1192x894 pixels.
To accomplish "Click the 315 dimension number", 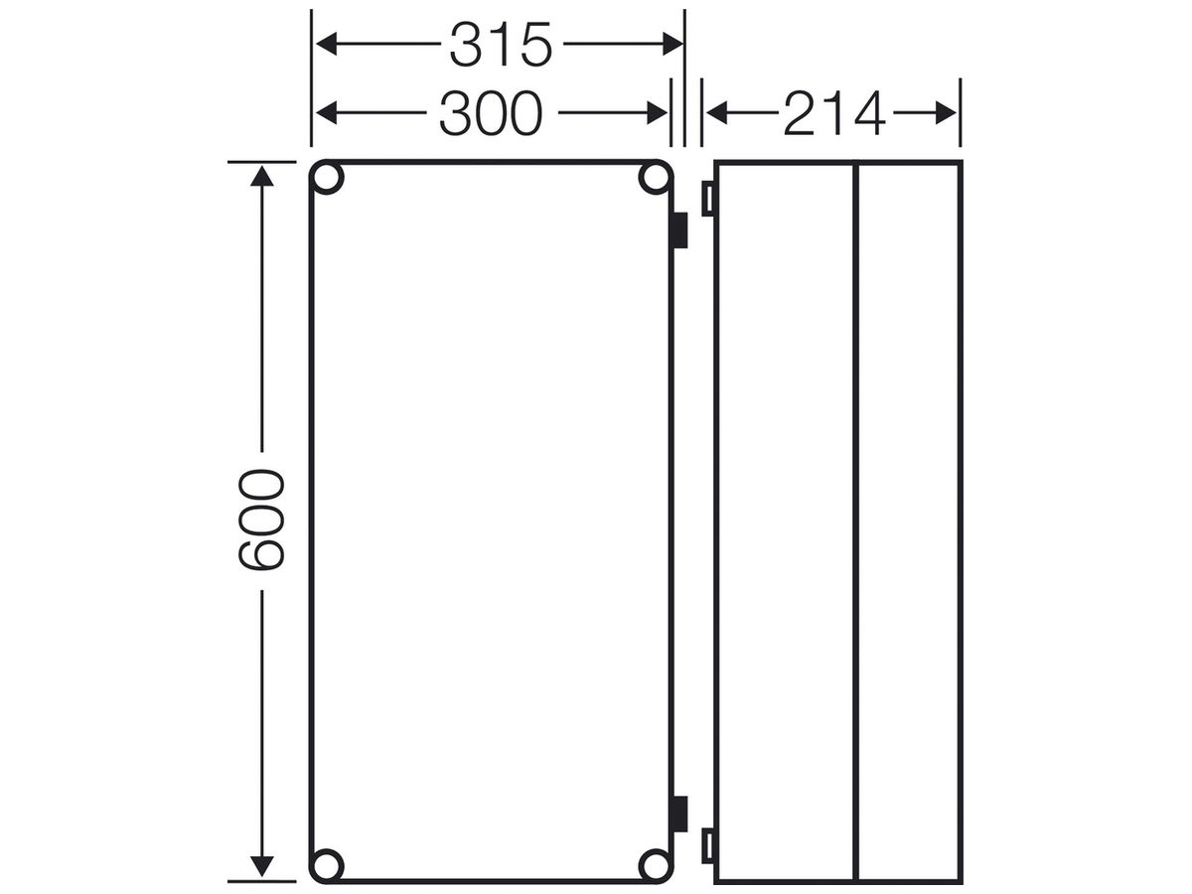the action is (501, 45).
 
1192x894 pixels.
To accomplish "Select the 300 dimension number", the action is (491, 113).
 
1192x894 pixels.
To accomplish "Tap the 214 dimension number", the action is (834, 113).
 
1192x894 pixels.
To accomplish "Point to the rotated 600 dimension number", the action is (261, 520).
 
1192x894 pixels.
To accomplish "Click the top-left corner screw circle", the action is (327, 178).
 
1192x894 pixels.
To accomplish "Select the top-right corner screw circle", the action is (656, 178).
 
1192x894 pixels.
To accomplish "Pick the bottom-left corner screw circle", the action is (327, 865).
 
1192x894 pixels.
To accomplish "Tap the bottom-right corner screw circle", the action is (656, 865).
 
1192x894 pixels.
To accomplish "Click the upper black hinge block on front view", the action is (680, 230).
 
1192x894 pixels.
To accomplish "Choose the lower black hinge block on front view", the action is (680, 814).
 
